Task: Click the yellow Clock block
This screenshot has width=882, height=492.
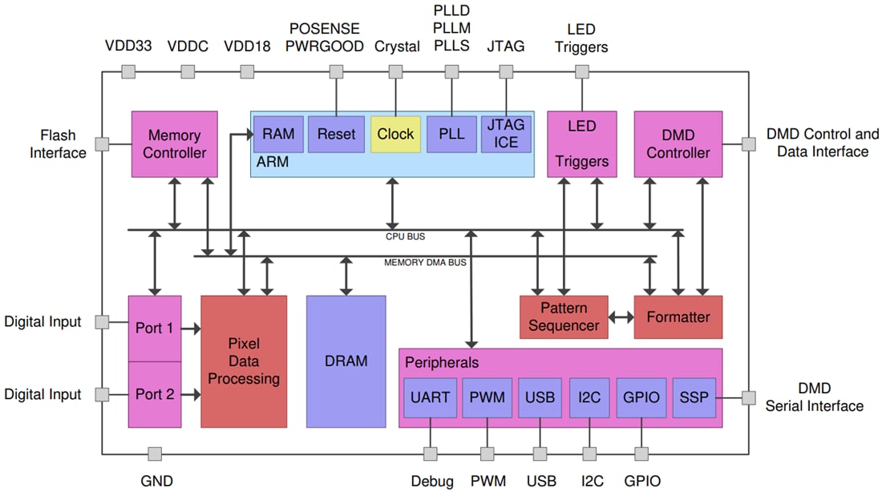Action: (395, 134)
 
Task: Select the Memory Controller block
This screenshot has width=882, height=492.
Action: (174, 143)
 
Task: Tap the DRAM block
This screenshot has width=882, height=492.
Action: (346, 361)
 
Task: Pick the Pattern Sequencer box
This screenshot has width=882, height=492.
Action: (564, 317)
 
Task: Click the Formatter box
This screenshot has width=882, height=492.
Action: (678, 317)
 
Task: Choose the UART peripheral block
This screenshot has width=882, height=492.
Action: (430, 397)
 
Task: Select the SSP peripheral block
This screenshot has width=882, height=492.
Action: (693, 397)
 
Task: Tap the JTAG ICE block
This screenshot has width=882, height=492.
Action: (506, 134)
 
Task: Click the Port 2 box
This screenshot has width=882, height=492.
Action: (154, 394)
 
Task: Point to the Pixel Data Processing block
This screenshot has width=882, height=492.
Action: (244, 361)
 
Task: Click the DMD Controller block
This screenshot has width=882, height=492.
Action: (678, 143)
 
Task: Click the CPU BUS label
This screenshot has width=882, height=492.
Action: (405, 236)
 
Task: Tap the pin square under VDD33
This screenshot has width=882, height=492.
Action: (127, 72)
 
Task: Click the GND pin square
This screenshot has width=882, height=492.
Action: (156, 454)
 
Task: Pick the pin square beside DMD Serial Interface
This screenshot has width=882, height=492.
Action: (748, 397)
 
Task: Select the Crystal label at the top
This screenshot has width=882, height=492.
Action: (396, 46)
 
